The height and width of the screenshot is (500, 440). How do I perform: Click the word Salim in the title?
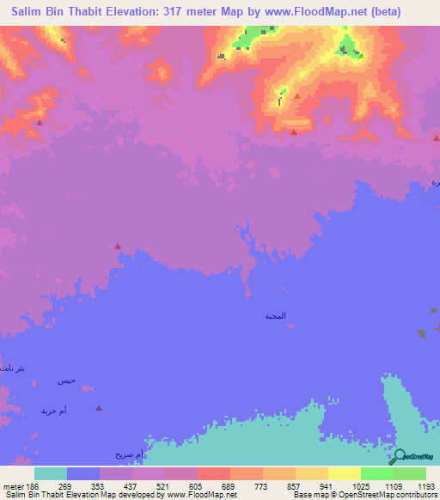point(30,12)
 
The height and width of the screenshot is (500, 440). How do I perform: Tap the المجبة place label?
point(276,316)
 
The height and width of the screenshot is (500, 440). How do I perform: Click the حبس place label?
point(67,381)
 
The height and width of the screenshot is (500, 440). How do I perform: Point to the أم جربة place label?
point(53,412)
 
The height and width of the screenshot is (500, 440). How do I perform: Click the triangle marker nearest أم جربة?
point(100,409)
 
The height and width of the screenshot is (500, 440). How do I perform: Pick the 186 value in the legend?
point(34,485)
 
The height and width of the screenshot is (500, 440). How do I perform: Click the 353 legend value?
point(99,485)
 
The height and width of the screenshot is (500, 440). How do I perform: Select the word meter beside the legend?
point(12,485)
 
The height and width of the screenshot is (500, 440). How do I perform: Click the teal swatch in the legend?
point(50,473)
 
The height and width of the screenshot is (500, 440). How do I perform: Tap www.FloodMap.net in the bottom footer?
point(191,495)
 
